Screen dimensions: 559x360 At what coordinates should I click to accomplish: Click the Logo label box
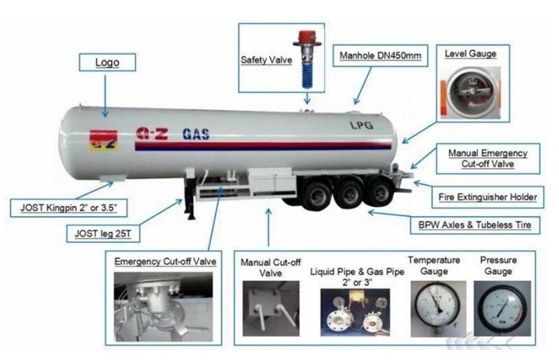tap(107, 62)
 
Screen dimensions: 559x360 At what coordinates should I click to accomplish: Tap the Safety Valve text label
tap(267, 60)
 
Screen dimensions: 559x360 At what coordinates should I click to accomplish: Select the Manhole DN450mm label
tap(380, 56)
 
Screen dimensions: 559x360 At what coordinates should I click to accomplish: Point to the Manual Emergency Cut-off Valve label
tap(488, 159)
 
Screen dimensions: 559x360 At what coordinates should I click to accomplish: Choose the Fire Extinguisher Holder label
tap(488, 197)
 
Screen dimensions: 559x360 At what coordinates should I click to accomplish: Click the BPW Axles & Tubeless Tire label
tap(475, 225)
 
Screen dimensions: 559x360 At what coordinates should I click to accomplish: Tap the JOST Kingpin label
tap(69, 208)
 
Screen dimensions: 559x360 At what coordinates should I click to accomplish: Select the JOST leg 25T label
tap(103, 234)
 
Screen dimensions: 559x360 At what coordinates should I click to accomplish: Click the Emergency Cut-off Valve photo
tap(164, 307)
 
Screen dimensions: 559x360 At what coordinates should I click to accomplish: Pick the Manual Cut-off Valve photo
tap(271, 308)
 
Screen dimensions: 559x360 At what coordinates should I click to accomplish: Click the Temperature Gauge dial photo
tap(438, 309)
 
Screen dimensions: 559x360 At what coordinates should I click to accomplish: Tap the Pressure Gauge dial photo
tap(502, 309)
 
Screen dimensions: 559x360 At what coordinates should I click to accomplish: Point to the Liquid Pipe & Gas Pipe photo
tap(355, 312)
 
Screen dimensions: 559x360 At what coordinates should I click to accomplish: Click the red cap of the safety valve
tap(308, 37)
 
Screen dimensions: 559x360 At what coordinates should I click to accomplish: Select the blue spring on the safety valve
tap(307, 74)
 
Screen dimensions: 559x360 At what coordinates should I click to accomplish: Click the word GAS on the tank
tap(196, 134)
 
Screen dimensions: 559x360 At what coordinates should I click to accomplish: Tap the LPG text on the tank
tap(361, 125)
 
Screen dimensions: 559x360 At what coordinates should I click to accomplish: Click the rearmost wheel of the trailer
tap(380, 192)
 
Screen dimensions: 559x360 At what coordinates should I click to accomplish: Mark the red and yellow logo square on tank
tap(104, 140)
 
